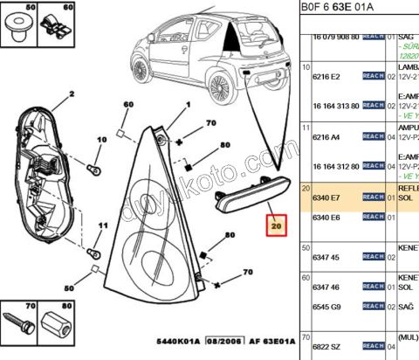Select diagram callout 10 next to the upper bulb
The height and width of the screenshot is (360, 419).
point(101,139)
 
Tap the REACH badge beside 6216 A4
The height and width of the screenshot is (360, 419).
point(374,137)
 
